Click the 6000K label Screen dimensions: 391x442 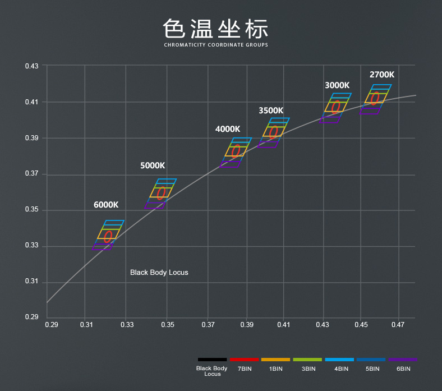pos(106,205)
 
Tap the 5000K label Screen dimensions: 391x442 pos(153,165)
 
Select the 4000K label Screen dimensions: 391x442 pos(228,129)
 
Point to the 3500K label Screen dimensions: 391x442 pos(271,111)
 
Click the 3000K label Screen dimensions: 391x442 pos(337,85)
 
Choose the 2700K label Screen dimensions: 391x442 pos(381,75)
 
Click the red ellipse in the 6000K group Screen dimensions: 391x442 pos(108,237)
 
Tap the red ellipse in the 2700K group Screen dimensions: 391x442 pos(375,99)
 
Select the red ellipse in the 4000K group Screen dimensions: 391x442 pos(236,150)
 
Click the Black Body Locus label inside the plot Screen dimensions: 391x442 pos(159,273)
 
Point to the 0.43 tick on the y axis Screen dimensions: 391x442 pos(32,66)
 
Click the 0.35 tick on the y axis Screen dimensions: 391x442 pos(32,210)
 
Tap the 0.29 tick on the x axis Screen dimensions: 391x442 pos(51,325)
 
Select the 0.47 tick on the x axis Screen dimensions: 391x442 pos(398,325)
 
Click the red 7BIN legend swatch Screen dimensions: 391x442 pos(244,359)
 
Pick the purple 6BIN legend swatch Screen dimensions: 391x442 pos(403,359)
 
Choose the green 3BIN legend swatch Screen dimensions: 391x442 pos(307,359)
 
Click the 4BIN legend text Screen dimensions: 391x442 pos(340,369)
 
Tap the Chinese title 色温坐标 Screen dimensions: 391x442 pos(216,28)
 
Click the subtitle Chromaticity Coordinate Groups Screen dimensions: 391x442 pos(216,45)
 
